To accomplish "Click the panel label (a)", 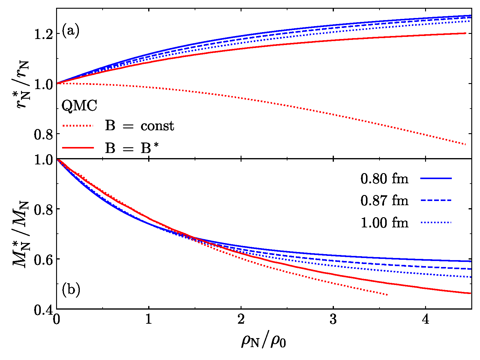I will click(x=70, y=31).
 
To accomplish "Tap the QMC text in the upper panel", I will click(x=79, y=106).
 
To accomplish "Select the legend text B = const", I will click(x=139, y=126).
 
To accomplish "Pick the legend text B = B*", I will click(x=132, y=148).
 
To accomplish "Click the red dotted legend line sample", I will click(x=78, y=126).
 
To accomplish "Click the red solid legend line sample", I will click(x=78, y=148).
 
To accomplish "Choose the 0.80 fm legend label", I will click(x=384, y=179).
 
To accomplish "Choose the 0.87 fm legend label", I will click(x=384, y=200).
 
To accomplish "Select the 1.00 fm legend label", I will click(x=384, y=223).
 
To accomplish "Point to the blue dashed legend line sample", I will click(x=436, y=200).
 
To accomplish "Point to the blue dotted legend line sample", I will click(x=436, y=222).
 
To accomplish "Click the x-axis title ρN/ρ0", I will click(x=263, y=341).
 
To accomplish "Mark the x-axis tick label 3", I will click(x=333, y=320).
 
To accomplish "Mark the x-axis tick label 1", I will click(x=148, y=320).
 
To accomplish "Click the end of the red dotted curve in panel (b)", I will click(x=387, y=295).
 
